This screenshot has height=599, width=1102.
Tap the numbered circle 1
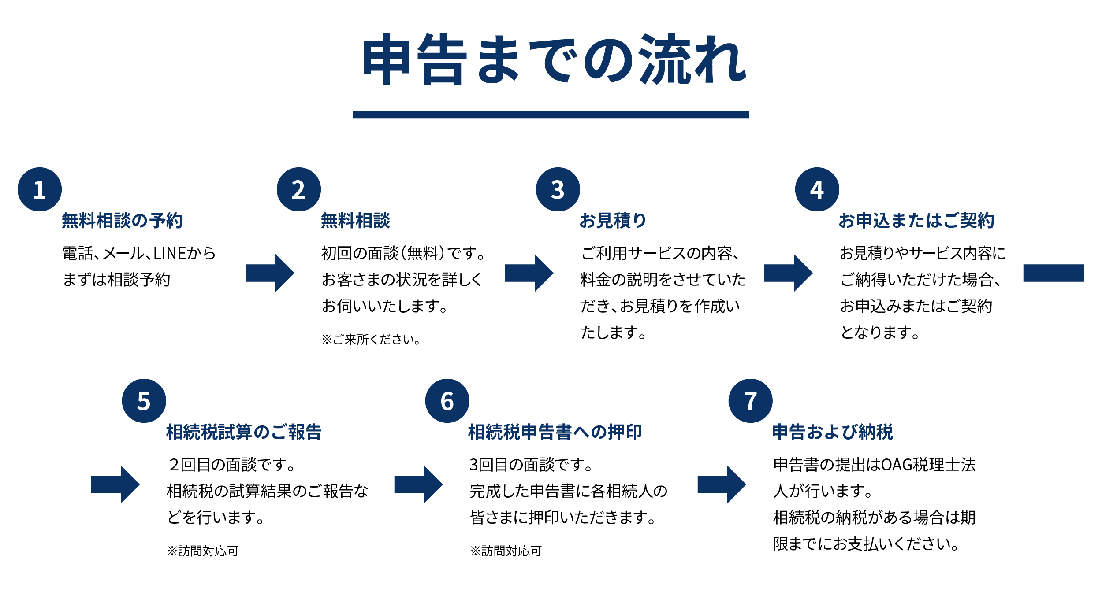pyautogui.click(x=40, y=189)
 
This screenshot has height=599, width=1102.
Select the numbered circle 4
pyautogui.click(x=817, y=189)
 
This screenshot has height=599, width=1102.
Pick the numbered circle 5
pyautogui.click(x=144, y=401)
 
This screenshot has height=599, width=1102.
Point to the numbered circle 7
pyautogui.click(x=750, y=401)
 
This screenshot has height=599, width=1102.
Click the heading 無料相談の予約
pyautogui.click(x=122, y=221)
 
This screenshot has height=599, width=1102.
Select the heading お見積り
pyautogui.click(x=613, y=221)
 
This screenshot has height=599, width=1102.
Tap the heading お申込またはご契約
pyautogui.click(x=916, y=221)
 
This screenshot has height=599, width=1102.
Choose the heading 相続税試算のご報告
pyautogui.click(x=244, y=432)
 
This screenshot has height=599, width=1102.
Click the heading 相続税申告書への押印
pyautogui.click(x=555, y=432)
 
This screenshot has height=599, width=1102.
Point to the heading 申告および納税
pyautogui.click(x=832, y=432)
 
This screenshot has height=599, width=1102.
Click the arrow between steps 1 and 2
pyautogui.click(x=269, y=273)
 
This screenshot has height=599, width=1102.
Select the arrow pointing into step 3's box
pyautogui.click(x=529, y=273)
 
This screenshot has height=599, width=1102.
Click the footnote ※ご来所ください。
pyautogui.click(x=371, y=340)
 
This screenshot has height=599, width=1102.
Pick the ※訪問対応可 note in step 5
pyautogui.click(x=203, y=551)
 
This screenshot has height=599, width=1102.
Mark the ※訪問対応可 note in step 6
pyautogui.click(x=506, y=551)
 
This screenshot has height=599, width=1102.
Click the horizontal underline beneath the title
pyautogui.click(x=551, y=115)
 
